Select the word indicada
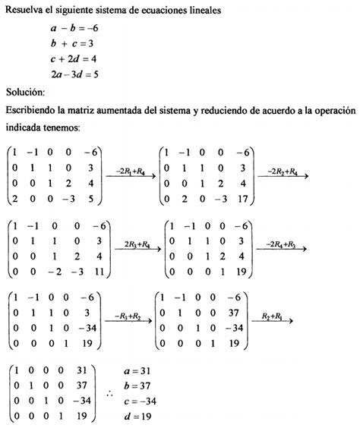(24, 127)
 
